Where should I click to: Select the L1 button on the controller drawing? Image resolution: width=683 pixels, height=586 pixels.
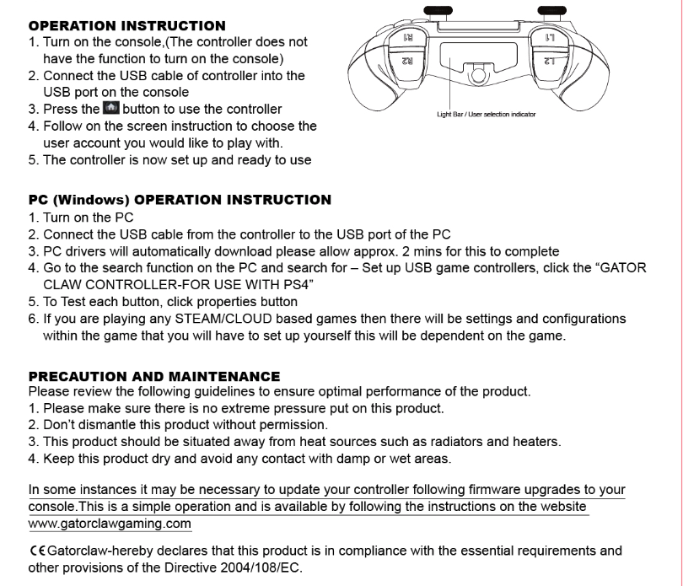click(x=549, y=39)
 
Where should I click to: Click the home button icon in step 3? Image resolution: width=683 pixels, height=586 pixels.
click(x=110, y=109)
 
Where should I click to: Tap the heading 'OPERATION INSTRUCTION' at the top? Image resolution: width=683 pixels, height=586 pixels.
click(x=127, y=26)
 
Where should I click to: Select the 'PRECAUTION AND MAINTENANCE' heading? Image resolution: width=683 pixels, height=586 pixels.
click(x=154, y=376)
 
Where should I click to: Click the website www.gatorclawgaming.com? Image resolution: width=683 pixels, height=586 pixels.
click(x=110, y=523)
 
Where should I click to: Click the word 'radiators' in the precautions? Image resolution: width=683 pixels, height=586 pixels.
click(x=468, y=441)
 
